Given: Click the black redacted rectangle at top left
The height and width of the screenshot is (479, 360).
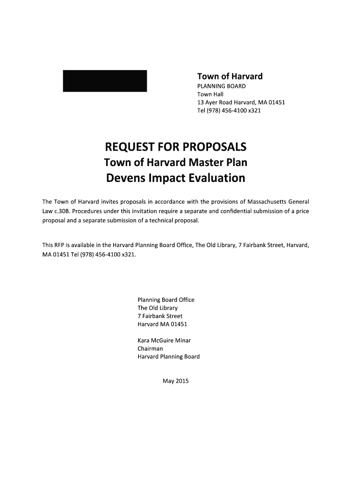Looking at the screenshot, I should click(x=105, y=80).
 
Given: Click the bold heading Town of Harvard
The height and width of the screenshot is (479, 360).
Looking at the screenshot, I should click(x=230, y=76).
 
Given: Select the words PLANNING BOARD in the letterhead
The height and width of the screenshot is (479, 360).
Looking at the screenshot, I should click(x=221, y=86).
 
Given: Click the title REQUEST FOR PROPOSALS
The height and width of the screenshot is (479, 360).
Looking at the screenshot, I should click(x=175, y=147).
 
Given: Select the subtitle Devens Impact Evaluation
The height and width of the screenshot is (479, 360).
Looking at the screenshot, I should click(x=175, y=178).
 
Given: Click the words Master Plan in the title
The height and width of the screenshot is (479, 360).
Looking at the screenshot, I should click(x=221, y=163).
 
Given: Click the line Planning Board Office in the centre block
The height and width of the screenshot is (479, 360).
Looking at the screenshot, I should click(x=166, y=299).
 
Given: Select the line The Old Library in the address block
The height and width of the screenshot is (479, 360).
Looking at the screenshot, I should click(x=158, y=308).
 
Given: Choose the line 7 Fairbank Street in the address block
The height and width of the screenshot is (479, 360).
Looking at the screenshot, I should click(x=160, y=316).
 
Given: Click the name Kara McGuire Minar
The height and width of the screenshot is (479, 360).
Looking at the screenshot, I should click(x=164, y=340).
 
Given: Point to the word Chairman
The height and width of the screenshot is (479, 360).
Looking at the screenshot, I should click(x=150, y=348).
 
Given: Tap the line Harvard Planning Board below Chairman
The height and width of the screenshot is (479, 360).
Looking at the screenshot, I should click(x=168, y=356).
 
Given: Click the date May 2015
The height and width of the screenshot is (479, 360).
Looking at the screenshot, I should click(x=175, y=381).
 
